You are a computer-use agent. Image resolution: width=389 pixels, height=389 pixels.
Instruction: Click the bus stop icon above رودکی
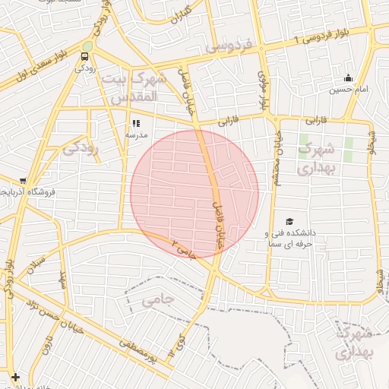[x=85, y=55]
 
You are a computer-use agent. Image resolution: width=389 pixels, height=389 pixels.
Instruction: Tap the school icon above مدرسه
[x=137, y=123]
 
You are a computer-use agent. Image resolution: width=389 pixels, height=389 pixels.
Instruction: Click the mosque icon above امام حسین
[x=348, y=77]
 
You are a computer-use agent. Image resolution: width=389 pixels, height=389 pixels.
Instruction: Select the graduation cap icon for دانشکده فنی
[x=289, y=221]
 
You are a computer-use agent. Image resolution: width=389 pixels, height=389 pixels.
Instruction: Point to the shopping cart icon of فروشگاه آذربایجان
[x=23, y=182]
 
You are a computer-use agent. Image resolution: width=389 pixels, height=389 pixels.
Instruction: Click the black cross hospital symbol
[x=15, y=376]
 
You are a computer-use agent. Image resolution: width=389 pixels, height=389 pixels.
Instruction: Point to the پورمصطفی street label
[x=137, y=351]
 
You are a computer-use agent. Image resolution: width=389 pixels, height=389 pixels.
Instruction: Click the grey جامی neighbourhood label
[x=158, y=300]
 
